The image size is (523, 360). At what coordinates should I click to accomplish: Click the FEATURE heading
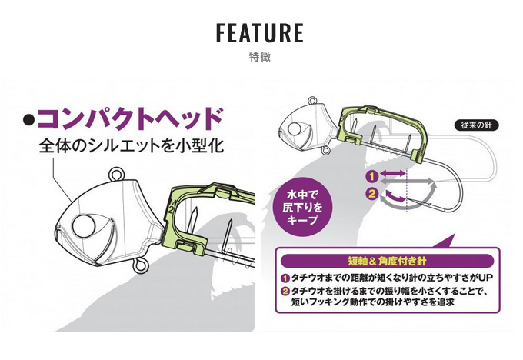pyautogui.click(x=260, y=33)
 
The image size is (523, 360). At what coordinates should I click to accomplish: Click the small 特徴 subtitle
pyautogui.click(x=260, y=57)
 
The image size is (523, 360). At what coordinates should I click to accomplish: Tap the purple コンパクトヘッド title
pyautogui.click(x=130, y=119)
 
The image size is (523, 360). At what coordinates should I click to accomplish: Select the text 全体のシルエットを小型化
pyautogui.click(x=131, y=145)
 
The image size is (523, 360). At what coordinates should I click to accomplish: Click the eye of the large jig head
pyautogui.click(x=84, y=226)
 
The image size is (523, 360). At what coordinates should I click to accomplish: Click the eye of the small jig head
pyautogui.click(x=294, y=129)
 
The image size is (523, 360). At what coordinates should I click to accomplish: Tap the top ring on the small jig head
pyautogui.click(x=312, y=100)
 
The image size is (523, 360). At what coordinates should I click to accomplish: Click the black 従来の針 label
pyautogui.click(x=477, y=125)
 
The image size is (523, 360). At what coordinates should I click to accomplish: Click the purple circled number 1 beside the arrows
pyautogui.click(x=372, y=176)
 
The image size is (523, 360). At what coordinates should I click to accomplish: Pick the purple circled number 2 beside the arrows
pyautogui.click(x=372, y=194)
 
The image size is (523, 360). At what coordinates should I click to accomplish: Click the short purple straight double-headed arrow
pyautogui.click(x=392, y=173)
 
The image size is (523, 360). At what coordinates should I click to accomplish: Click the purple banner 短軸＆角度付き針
pyautogui.click(x=387, y=261)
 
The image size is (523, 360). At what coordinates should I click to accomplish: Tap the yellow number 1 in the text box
pyautogui.click(x=285, y=278)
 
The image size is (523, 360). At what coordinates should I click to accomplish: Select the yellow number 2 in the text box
pyautogui.click(x=285, y=292)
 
